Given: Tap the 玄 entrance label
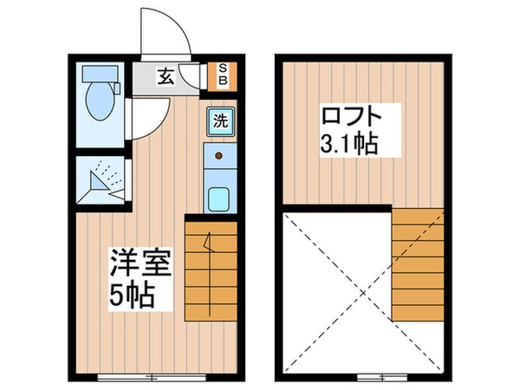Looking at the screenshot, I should pyautogui.click(x=165, y=76).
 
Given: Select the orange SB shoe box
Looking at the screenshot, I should pyautogui.click(x=221, y=75).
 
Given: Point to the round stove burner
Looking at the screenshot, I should pyautogui.click(x=219, y=157).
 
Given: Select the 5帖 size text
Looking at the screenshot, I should pyautogui.click(x=133, y=296).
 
